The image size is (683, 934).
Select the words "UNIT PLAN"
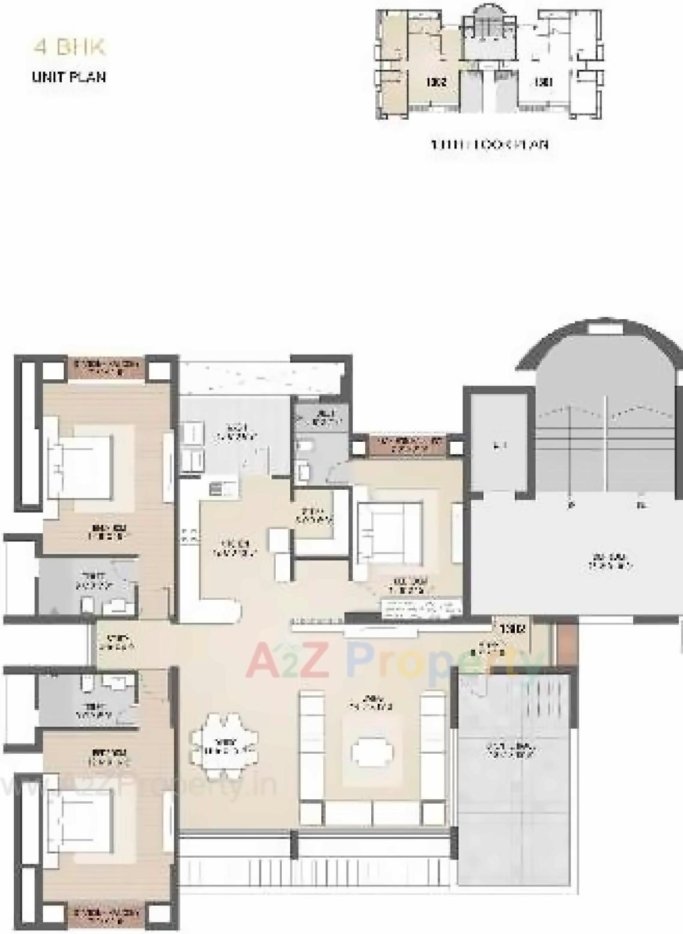point(69,77)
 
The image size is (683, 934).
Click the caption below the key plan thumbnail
point(490,144)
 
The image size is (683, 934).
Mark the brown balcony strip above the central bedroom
point(408,445)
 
